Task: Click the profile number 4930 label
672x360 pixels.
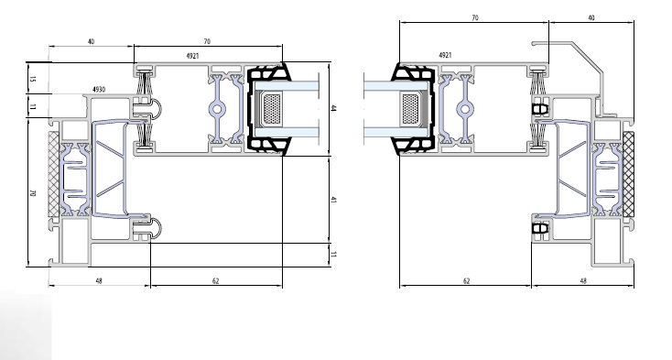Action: tap(99, 90)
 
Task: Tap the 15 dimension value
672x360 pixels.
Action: tap(33, 79)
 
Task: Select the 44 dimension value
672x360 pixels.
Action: tap(333, 108)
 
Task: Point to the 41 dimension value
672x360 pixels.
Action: tap(333, 200)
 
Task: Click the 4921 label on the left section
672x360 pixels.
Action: tap(192, 56)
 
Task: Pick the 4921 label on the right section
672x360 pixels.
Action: tap(445, 55)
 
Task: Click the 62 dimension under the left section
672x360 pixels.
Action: tap(215, 281)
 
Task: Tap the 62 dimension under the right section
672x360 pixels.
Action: tap(466, 281)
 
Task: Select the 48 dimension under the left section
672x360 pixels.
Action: tap(99, 281)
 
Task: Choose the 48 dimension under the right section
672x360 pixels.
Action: tap(583, 281)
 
